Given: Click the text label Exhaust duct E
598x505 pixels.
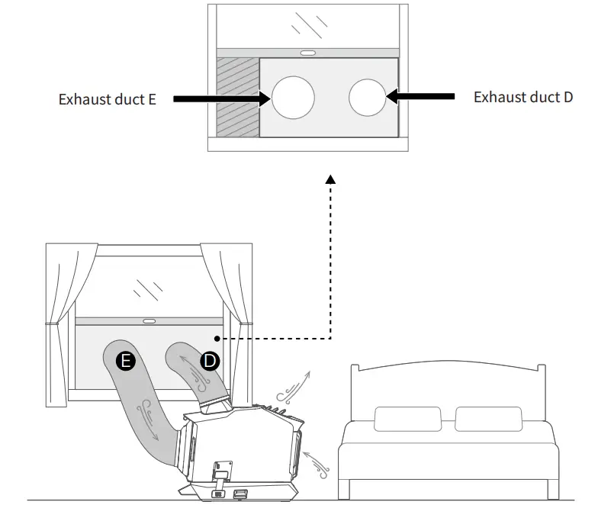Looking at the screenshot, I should coord(108,99).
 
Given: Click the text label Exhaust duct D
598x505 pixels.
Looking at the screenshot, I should coord(522,97).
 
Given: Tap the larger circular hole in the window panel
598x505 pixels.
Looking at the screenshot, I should coord(294,98).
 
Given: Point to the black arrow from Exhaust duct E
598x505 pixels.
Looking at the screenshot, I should coord(220,98).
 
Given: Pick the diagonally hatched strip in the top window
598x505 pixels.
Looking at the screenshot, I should coord(238,96).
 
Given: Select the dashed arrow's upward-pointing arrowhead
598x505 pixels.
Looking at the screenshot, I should coord(330,179).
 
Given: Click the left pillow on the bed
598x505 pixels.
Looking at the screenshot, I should coord(407,419).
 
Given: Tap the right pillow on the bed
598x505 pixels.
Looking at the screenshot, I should coord(488,419).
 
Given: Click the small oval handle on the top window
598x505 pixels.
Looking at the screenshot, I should coord(309,53).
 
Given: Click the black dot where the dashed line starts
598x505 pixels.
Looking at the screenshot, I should coord(217,338).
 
